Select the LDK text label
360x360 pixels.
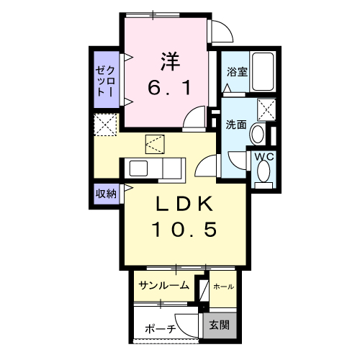[x=184, y=205]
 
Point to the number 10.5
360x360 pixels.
[x=184, y=230]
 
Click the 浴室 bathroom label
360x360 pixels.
[x=237, y=72]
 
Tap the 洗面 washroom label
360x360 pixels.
[x=236, y=124]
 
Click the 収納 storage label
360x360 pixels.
[x=107, y=194]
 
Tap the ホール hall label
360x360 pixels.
[x=223, y=287]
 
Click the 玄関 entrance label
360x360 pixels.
[x=220, y=325]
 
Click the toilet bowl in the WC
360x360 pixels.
[x=264, y=171]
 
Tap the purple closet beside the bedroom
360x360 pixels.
[x=107, y=79]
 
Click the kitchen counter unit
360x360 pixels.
[x=157, y=169]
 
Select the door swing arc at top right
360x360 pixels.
[x=222, y=30]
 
